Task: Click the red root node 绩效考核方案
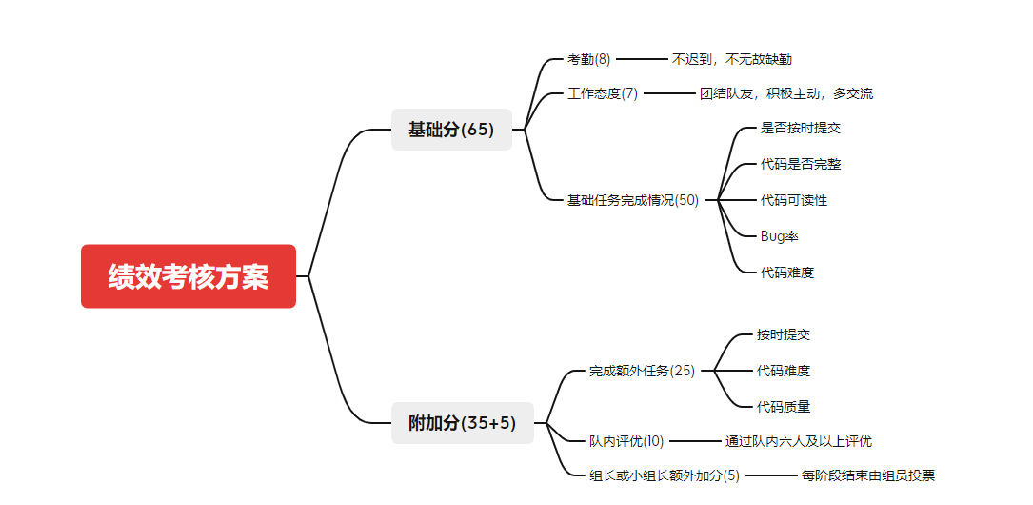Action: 189,276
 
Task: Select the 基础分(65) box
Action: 451,130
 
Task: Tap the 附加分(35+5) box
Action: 462,423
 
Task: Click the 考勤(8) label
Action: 588,59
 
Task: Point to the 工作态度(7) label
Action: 603,93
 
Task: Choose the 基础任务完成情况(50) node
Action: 633,200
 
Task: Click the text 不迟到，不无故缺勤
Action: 731,59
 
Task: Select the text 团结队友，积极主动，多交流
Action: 785,93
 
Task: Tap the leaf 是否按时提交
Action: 801,128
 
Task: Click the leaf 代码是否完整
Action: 801,164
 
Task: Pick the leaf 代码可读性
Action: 794,200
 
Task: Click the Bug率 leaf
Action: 779,236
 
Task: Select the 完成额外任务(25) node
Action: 642,371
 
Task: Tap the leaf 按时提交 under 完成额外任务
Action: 784,334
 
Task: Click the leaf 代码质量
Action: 784,407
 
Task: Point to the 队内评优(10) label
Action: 626,441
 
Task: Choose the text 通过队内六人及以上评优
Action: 798,441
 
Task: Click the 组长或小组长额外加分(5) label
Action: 665,475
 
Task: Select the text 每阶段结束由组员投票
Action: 867,475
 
